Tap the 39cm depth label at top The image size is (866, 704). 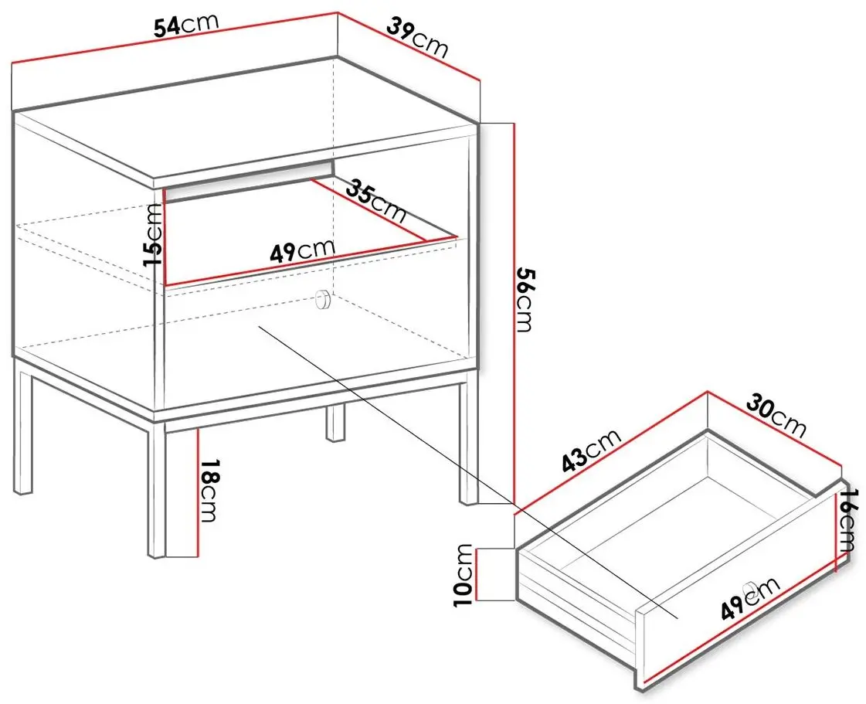pyautogui.click(x=416, y=37)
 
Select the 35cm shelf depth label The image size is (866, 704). pyautogui.click(x=375, y=201)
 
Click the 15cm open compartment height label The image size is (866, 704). pyautogui.click(x=154, y=234)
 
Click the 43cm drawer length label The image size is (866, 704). pyautogui.click(x=592, y=451)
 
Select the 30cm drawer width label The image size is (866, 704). pyautogui.click(x=776, y=416)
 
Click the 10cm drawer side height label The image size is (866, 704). pyautogui.click(x=464, y=575)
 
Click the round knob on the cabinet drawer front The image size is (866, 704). pyautogui.click(x=322, y=300)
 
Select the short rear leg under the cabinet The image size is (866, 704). pyautogui.click(x=335, y=423)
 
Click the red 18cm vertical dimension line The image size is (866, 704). pyautogui.click(x=197, y=494)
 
